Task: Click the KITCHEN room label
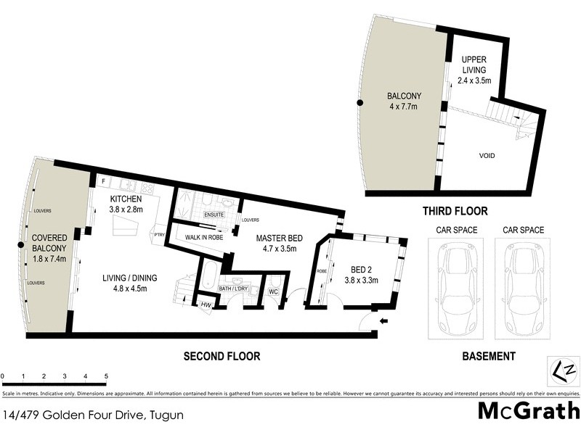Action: click(126, 199)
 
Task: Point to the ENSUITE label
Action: click(214, 215)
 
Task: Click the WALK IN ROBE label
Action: click(203, 237)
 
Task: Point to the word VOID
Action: click(487, 155)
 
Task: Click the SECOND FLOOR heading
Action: click(222, 356)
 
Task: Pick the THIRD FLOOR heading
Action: click(454, 211)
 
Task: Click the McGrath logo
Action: click(528, 410)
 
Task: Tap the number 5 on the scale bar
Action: click(106, 377)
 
